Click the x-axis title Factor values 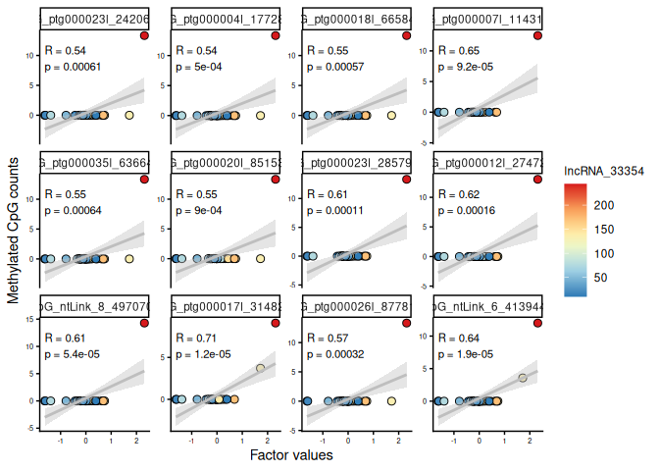click(x=291, y=455)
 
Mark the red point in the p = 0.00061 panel click(x=144, y=35)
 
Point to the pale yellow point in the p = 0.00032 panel click(x=391, y=401)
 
